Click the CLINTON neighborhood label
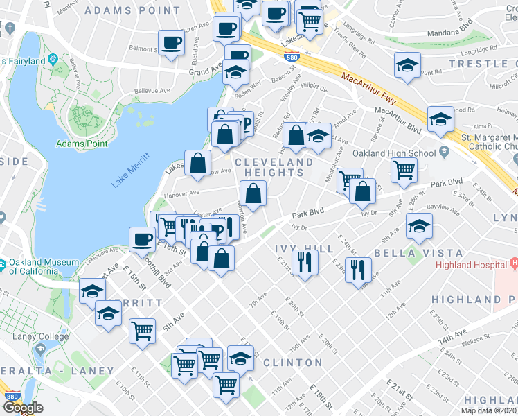292,363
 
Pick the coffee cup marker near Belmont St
171,42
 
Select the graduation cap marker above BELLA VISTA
418,227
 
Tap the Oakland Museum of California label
35,266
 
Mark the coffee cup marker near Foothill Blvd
142,239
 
